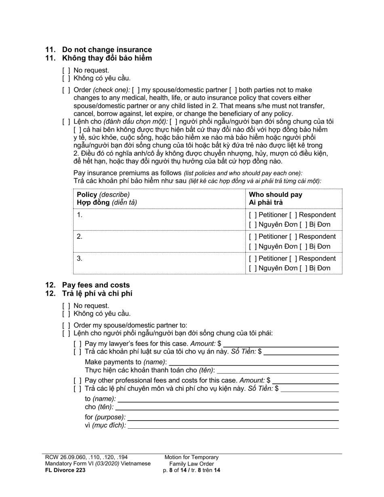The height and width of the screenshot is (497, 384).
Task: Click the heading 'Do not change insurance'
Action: (x=107, y=50)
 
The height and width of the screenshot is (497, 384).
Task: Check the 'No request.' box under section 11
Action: (x=66, y=70)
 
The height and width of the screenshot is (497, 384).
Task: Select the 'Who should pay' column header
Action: (x=275, y=194)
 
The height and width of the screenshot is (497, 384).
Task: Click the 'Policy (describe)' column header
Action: (x=103, y=194)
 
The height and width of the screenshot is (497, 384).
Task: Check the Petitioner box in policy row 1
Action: (x=253, y=215)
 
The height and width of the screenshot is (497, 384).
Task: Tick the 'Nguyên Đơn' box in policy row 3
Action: (x=253, y=268)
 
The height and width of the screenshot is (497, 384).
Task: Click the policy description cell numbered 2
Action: (x=159, y=241)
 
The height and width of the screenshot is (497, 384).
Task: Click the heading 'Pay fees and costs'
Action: (x=95, y=285)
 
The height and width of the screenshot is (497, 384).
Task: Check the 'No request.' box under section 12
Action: (x=66, y=306)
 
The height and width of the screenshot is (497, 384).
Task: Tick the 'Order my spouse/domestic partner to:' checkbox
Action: (x=66, y=325)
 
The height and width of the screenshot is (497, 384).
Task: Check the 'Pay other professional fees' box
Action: (x=78, y=380)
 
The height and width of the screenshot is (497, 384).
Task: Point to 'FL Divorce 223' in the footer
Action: (x=65, y=470)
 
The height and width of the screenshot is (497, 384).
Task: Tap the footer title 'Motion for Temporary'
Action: (x=191, y=457)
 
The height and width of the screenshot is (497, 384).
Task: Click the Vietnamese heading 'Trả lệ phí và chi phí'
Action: (x=97, y=294)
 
